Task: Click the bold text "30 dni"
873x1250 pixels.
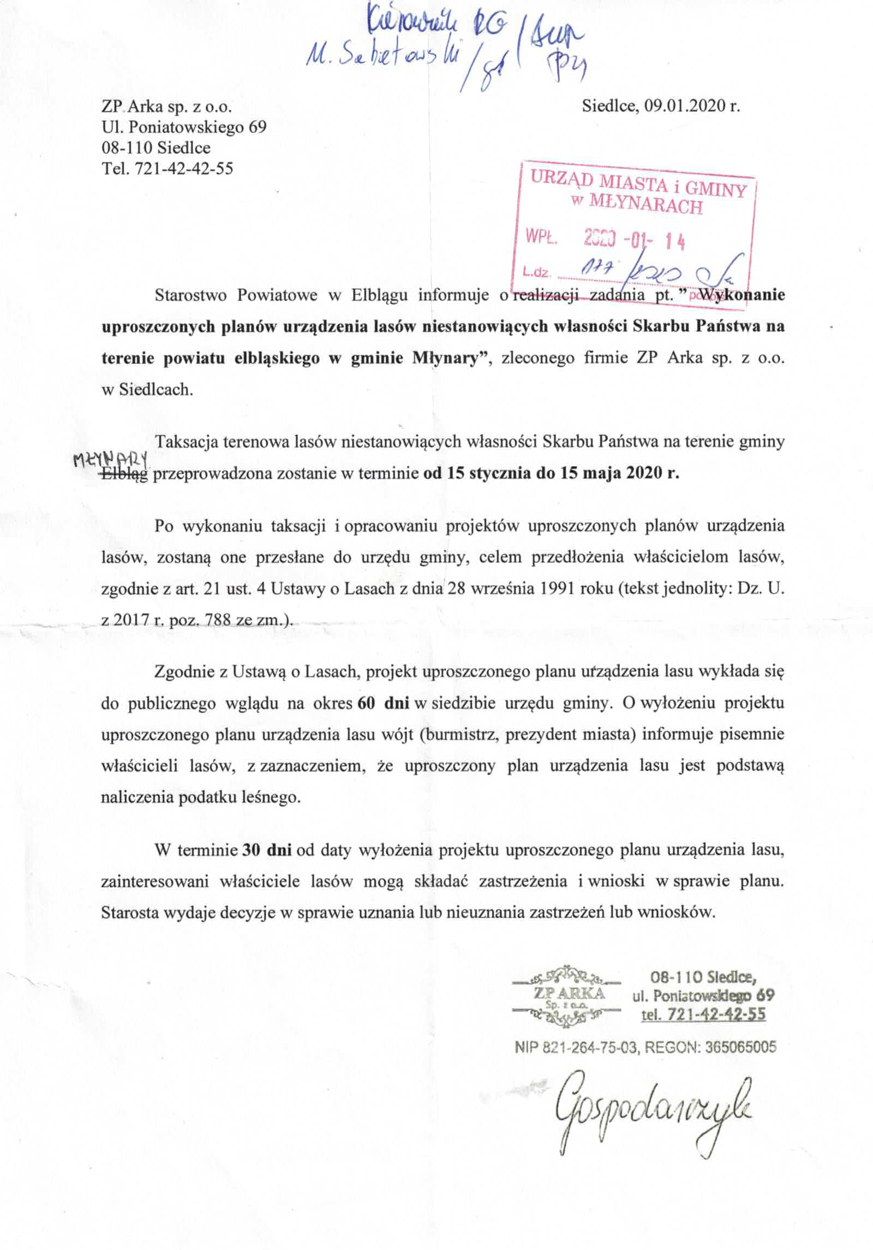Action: pos(267,850)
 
